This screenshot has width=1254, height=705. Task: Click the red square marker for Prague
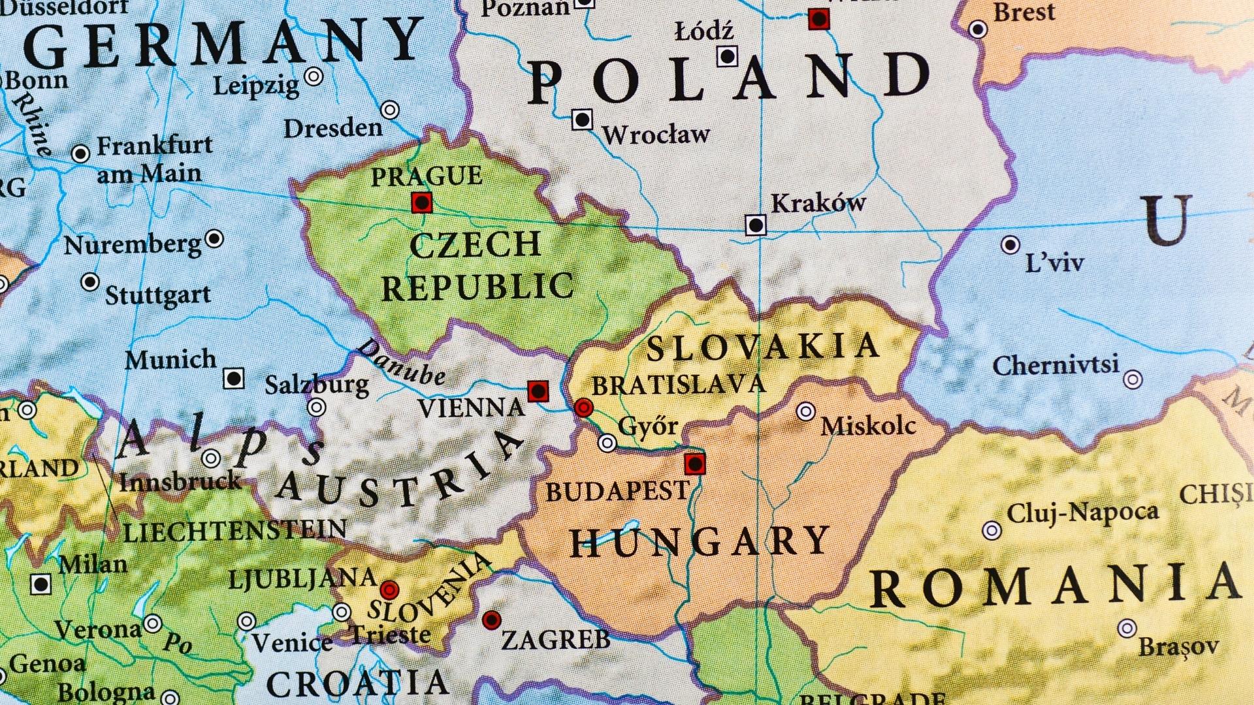point(422,203)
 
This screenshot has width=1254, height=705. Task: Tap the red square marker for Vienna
point(538,392)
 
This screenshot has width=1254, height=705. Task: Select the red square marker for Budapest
point(695,464)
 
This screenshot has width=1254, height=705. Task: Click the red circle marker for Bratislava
point(583,408)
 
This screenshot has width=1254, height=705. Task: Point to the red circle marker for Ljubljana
point(389,590)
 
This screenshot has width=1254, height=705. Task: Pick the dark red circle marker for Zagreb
point(491,619)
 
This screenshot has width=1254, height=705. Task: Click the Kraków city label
point(818,203)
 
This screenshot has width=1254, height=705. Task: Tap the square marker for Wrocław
point(582,120)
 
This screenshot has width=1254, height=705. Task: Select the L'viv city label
point(1054,263)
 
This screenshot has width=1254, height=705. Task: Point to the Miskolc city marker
point(806,411)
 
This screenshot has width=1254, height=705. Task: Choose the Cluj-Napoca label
point(1082,512)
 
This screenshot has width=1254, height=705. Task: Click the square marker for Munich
point(234,378)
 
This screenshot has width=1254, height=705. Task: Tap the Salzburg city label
point(316,384)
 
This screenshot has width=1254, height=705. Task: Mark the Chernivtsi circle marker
point(1133,379)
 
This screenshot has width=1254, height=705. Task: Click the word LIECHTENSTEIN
point(235,531)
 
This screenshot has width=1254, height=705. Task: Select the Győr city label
point(647,426)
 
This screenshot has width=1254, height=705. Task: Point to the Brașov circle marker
point(1127,629)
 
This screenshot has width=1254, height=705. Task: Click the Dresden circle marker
point(390,110)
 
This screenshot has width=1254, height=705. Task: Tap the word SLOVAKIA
point(763,347)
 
